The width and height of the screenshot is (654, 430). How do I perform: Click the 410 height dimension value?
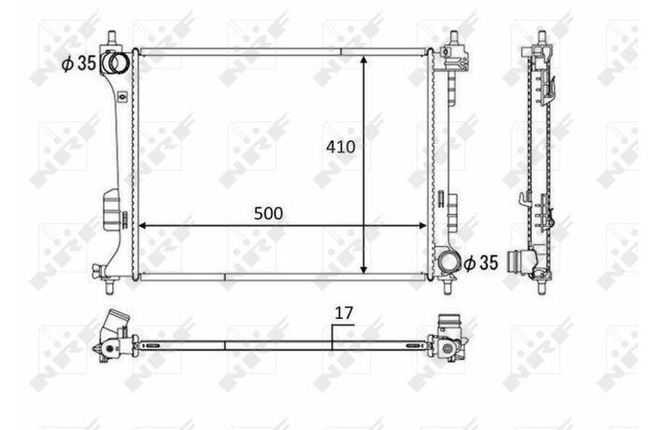(341, 147)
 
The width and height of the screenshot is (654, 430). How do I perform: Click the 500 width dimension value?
(268, 213)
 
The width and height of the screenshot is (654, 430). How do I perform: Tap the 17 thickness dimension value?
(344, 313)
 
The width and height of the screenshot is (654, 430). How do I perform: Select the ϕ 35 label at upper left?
(78, 64)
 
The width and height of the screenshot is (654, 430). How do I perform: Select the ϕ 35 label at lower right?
(481, 263)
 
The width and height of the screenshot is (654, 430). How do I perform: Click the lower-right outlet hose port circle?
(448, 263)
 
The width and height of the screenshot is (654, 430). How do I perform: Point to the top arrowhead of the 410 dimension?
(363, 60)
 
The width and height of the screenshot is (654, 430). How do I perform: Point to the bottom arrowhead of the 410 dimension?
(363, 269)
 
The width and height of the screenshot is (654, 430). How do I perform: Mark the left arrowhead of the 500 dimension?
(143, 226)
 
